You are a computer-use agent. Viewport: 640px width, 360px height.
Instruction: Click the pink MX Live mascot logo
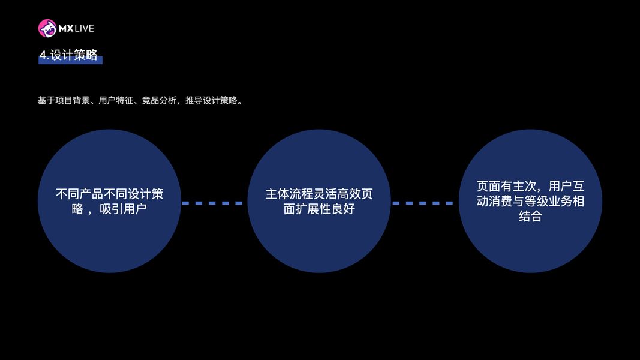pyautogui.click(x=47, y=28)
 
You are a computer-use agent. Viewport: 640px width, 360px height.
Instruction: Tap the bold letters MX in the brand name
pyautogui.click(x=66, y=29)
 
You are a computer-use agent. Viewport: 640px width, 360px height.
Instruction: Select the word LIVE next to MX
pyautogui.click(x=85, y=29)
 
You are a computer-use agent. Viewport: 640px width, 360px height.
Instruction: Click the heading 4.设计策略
pyautogui.click(x=68, y=55)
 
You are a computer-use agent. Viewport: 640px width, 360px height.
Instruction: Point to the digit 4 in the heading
pyautogui.click(x=43, y=55)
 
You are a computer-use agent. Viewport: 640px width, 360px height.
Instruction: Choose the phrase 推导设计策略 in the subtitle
pyautogui.click(x=211, y=100)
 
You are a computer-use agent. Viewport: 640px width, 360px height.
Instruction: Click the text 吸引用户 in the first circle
pyautogui.click(x=123, y=209)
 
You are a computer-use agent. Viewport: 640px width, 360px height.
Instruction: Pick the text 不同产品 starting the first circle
pyautogui.click(x=79, y=194)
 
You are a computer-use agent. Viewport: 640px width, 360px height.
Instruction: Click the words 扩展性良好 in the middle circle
pyautogui.click(x=325, y=209)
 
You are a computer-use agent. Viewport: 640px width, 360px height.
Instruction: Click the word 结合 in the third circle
pyautogui.click(x=530, y=216)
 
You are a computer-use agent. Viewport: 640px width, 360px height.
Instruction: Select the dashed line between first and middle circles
pyautogui.click(x=212, y=203)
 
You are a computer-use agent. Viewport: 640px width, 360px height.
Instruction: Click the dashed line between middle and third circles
pyautogui.click(x=422, y=203)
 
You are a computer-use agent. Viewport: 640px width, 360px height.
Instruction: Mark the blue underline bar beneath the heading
pyautogui.click(x=71, y=60)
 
